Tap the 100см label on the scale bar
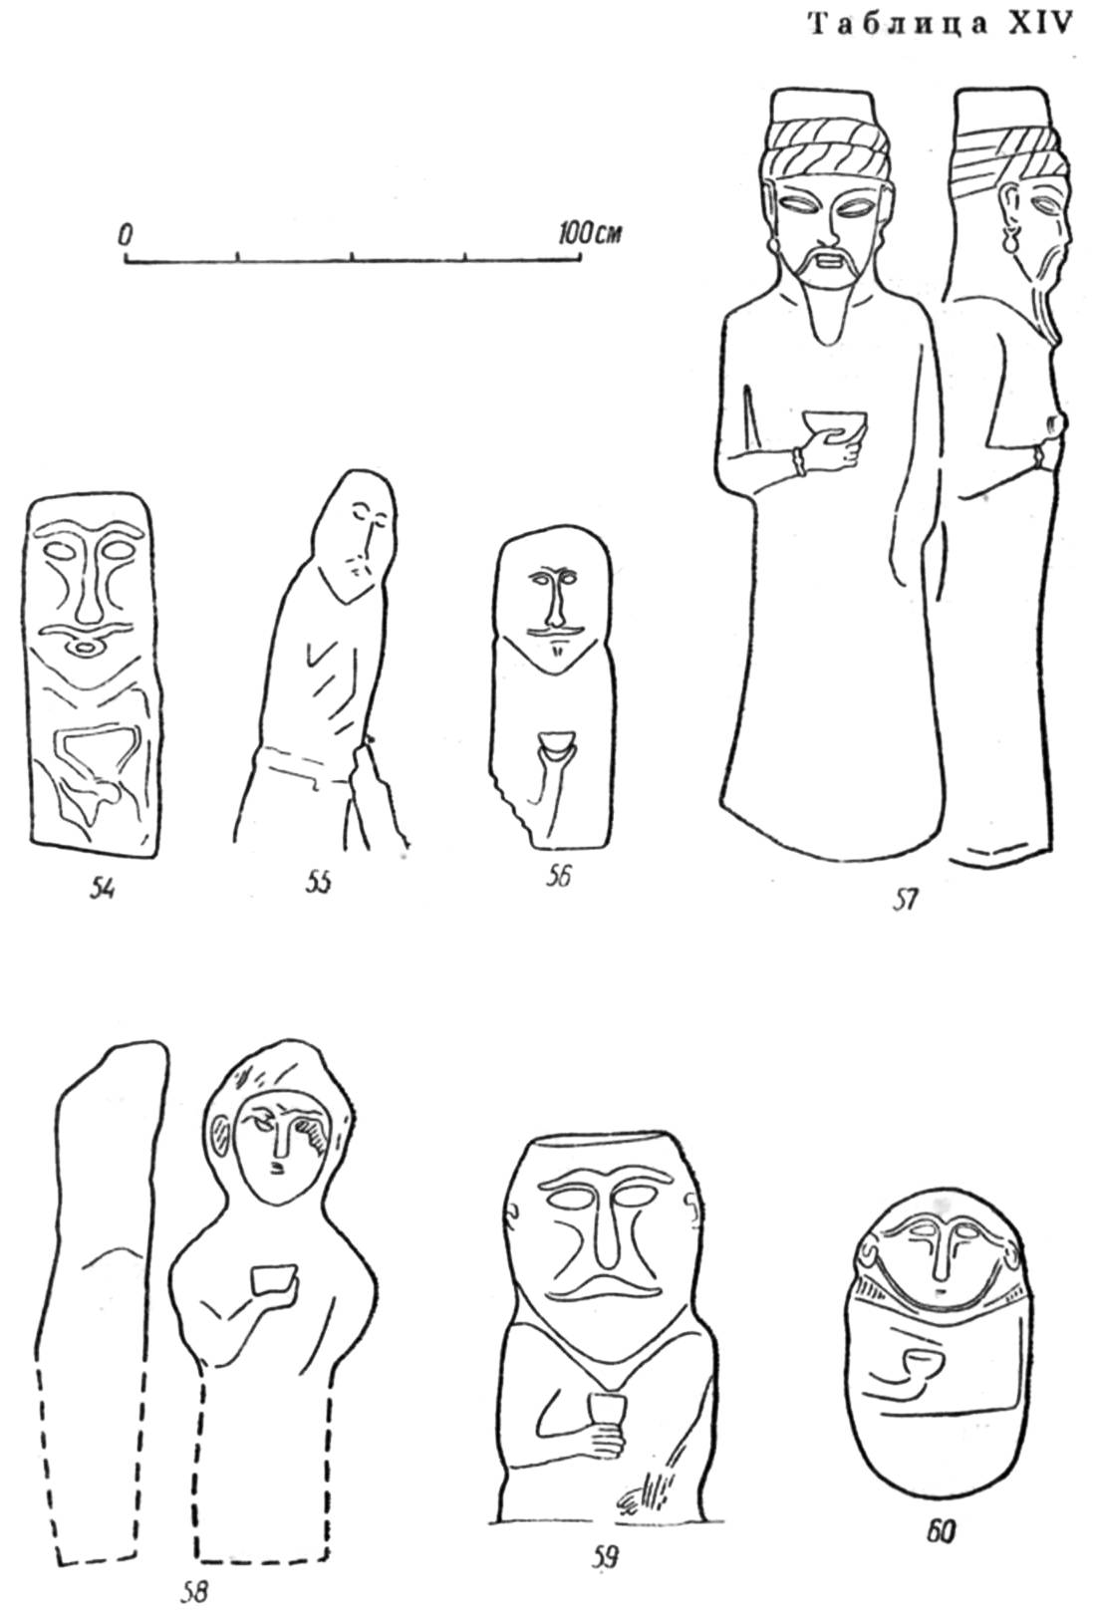[591, 233]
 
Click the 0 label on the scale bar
[126, 235]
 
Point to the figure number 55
[318, 882]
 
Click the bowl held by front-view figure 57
[835, 424]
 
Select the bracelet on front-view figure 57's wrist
[798, 461]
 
